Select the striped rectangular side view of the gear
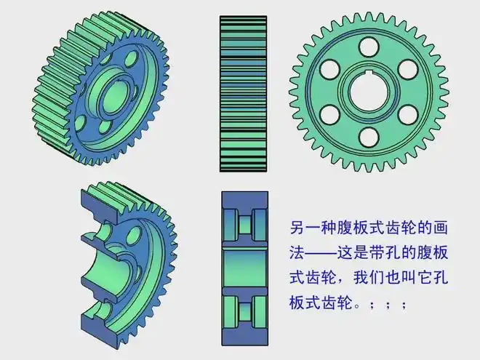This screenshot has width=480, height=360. [244, 93]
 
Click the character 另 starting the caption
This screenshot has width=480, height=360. [296, 228]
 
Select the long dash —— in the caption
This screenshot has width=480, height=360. [330, 253]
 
